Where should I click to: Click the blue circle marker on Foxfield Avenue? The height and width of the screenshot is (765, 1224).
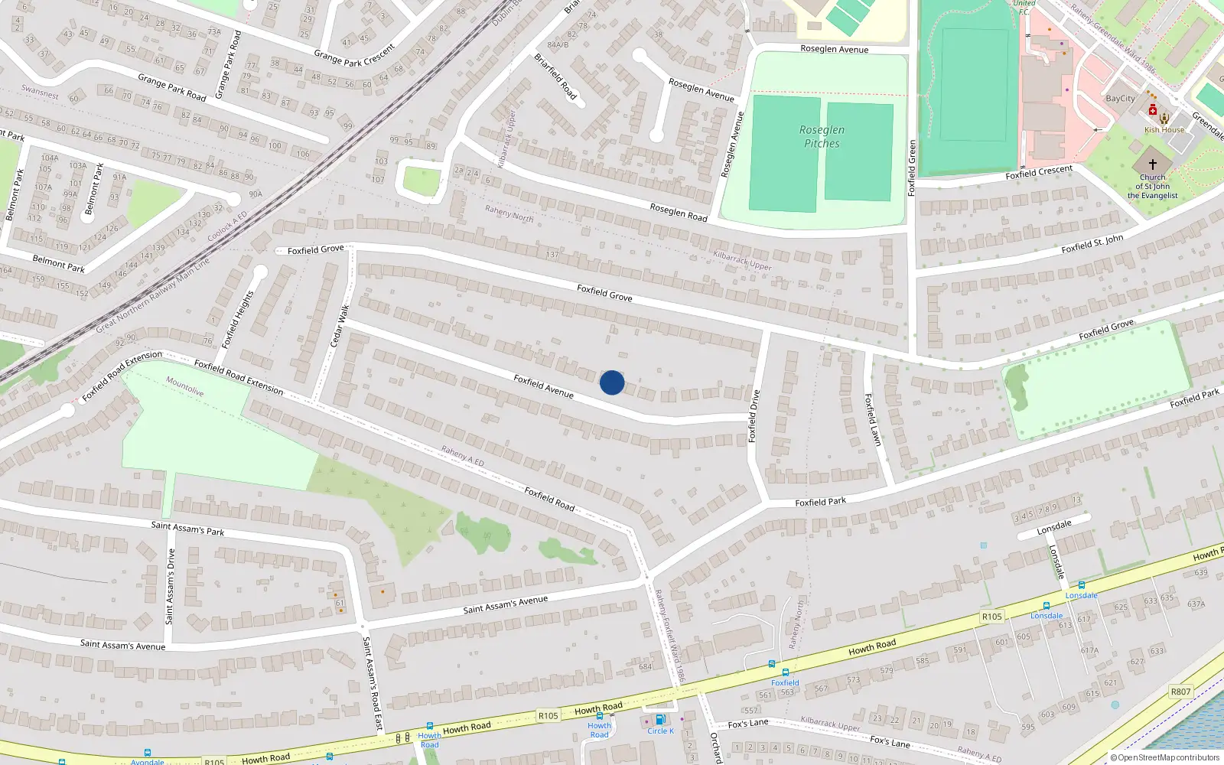[x=612, y=382]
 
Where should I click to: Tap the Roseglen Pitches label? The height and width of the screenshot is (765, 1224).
[x=822, y=137]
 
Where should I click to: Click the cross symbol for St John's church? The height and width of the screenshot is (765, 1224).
[x=1152, y=164]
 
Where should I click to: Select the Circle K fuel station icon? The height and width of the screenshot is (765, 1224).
[x=660, y=719]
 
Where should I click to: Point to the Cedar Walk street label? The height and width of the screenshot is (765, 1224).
[x=340, y=326]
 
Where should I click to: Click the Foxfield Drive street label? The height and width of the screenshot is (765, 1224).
[x=754, y=416]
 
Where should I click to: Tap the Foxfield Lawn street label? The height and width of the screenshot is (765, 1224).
[x=873, y=420]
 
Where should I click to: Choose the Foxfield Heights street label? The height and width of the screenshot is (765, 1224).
[x=236, y=320]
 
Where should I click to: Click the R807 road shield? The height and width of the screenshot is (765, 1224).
[x=1180, y=692]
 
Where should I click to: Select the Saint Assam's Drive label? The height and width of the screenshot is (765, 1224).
[x=171, y=587]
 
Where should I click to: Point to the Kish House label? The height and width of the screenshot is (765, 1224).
[x=1164, y=130]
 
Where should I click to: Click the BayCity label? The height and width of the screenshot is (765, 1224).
[x=1120, y=99]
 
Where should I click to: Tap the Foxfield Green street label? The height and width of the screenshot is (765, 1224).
[x=911, y=168]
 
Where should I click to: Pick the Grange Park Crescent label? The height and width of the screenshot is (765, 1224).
[x=354, y=55]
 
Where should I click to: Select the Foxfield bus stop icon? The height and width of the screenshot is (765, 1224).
[x=785, y=672]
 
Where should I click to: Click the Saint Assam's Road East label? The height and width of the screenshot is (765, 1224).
[x=372, y=683]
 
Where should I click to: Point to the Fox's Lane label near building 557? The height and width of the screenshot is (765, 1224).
[x=748, y=724]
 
